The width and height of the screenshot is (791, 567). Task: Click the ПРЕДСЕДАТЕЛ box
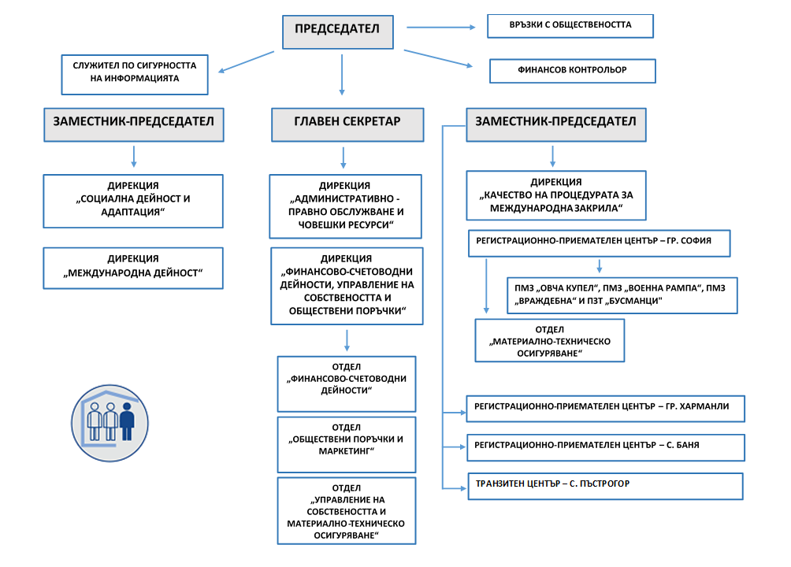tap(337, 32)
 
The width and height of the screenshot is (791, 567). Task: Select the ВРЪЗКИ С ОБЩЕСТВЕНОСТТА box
tap(570, 26)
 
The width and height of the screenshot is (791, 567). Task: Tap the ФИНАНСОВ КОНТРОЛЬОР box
tap(573, 71)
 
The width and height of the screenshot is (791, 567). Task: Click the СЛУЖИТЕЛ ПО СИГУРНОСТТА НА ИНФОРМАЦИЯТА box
tap(135, 75)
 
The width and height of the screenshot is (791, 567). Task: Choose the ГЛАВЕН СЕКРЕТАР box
tap(347, 124)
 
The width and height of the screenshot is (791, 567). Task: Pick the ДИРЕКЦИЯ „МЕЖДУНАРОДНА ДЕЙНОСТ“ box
tap(133, 268)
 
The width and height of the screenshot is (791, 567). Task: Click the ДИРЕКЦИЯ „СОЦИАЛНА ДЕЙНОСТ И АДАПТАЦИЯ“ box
tap(133, 202)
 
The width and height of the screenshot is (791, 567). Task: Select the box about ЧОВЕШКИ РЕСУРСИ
tap(346, 206)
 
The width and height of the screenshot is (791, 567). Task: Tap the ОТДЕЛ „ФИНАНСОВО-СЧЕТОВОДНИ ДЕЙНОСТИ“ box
tap(347, 384)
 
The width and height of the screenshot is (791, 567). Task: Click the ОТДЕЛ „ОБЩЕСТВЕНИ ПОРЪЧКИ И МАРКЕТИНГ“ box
tap(347, 444)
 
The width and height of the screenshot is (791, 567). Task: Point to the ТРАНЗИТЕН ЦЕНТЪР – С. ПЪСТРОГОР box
tap(605, 487)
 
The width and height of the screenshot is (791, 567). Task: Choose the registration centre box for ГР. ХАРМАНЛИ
tap(605, 409)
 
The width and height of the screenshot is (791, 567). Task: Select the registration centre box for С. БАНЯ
tap(605, 447)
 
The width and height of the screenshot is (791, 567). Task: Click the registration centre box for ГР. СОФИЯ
tap(600, 243)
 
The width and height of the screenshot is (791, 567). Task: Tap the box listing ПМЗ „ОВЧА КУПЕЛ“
tap(622, 295)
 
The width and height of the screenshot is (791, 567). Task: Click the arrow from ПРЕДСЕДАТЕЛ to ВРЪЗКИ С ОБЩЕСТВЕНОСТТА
tap(441, 28)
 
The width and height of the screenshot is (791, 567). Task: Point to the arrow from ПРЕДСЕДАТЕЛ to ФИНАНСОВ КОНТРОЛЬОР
tap(438, 58)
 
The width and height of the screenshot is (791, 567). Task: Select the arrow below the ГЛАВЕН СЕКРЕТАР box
tap(344, 157)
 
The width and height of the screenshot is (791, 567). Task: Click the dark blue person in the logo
tap(127, 421)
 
